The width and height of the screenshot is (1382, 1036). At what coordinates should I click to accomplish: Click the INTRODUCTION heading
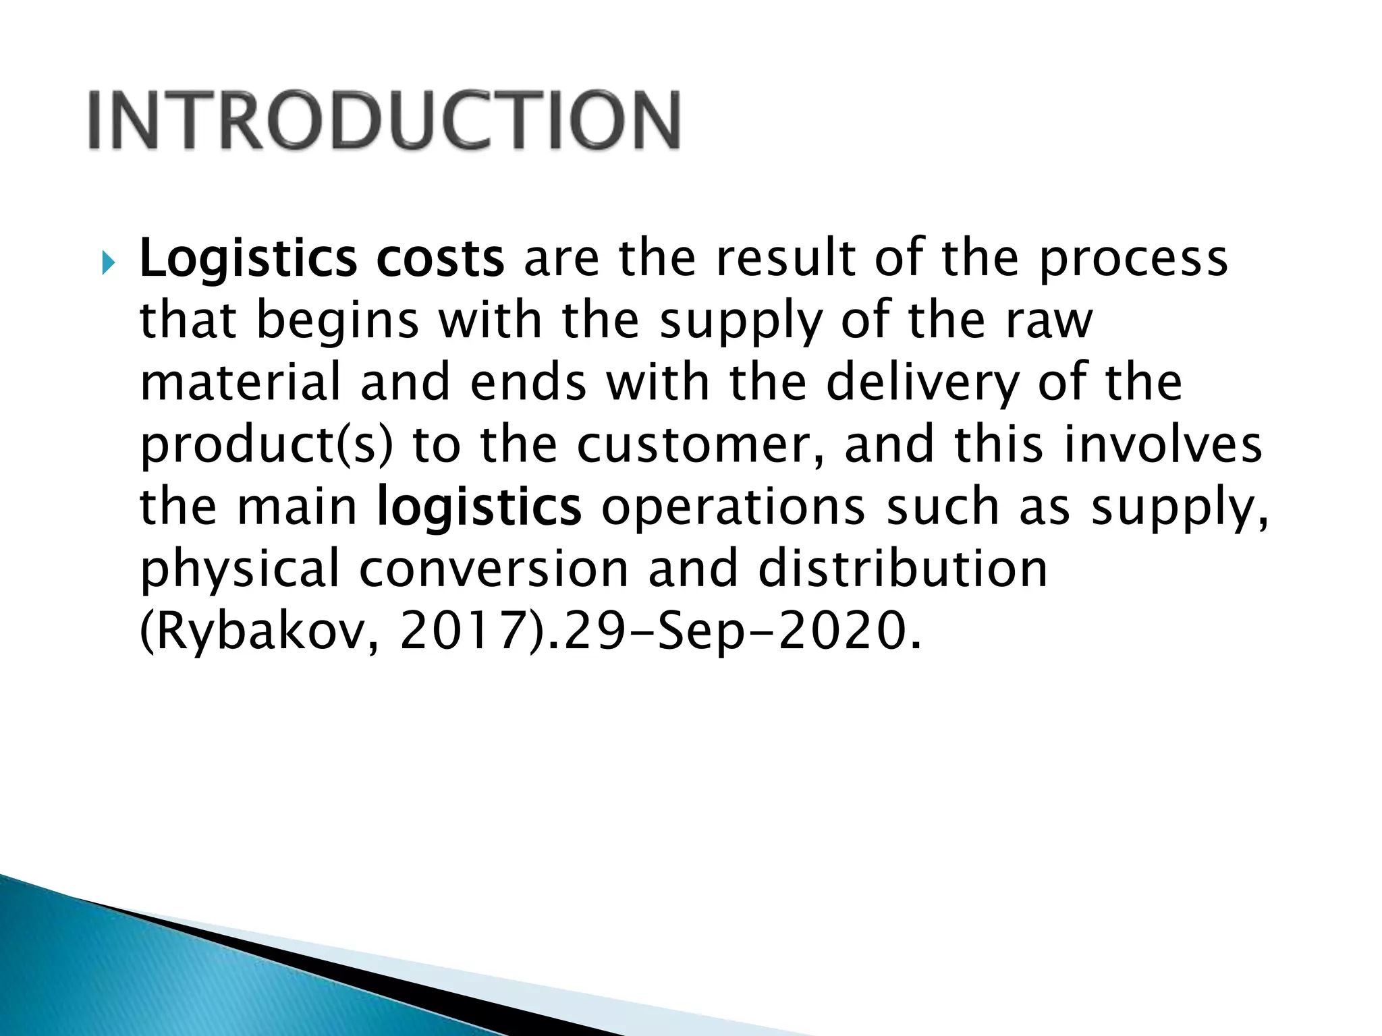click(384, 121)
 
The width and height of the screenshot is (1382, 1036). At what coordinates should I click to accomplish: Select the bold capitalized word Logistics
click(248, 259)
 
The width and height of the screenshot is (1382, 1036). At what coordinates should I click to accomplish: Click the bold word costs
click(440, 259)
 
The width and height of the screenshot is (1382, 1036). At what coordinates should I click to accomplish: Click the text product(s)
click(266, 446)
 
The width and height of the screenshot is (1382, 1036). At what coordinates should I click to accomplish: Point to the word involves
click(1163, 444)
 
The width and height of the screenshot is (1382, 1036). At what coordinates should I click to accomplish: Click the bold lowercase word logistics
click(479, 507)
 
